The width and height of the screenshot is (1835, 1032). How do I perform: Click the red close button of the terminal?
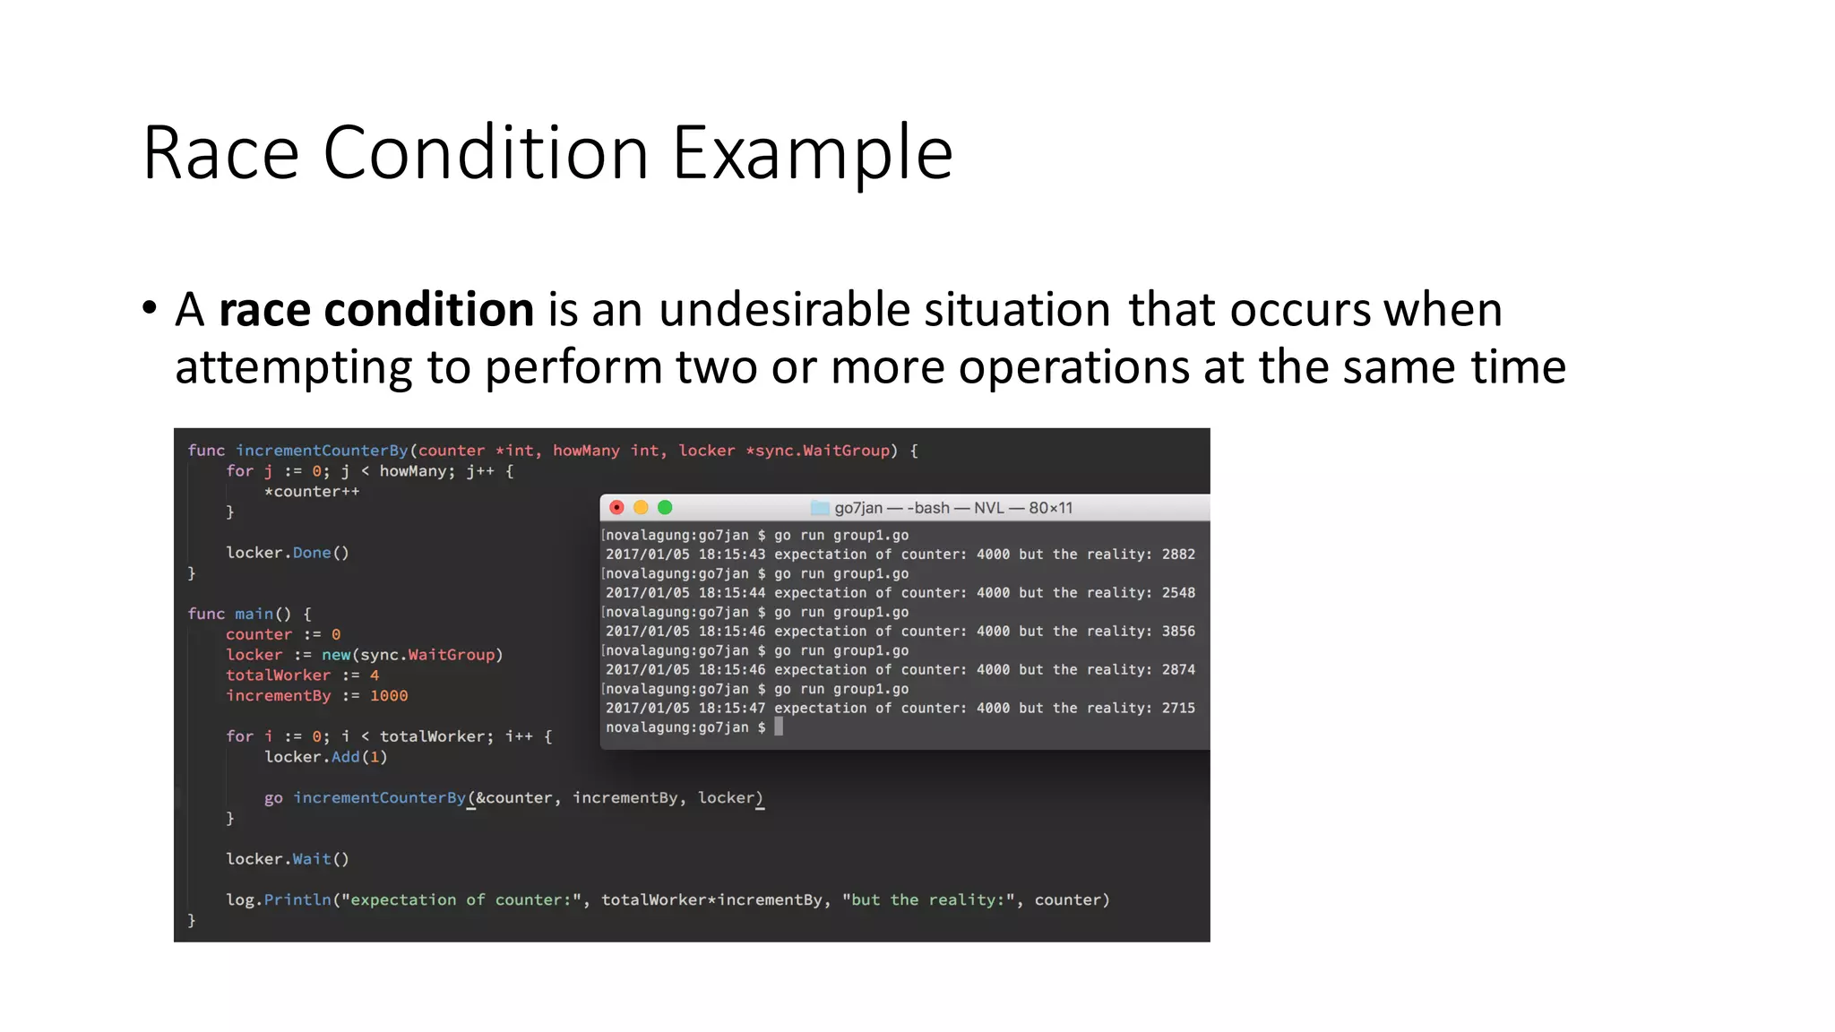pos(616,508)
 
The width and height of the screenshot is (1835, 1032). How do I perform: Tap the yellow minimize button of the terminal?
pos(641,508)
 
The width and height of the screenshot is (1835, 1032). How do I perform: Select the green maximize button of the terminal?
pos(665,508)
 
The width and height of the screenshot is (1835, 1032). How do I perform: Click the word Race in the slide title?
pos(220,153)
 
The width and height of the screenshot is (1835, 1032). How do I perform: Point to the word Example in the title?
pos(813,153)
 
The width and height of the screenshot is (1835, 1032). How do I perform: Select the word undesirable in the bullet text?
pos(785,310)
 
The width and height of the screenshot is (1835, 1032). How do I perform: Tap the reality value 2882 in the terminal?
pos(1178,555)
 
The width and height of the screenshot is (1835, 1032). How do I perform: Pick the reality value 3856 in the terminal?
pos(1178,632)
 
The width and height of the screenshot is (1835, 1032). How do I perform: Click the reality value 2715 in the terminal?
pos(1178,709)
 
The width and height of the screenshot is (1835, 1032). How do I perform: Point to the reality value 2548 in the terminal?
pos(1178,593)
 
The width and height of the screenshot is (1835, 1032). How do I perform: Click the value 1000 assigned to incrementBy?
pos(389,696)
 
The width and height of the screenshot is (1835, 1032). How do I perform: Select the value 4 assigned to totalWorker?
pos(375,675)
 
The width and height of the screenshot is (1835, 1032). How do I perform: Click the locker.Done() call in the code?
pos(288,553)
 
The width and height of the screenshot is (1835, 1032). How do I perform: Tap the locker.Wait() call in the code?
pos(288,859)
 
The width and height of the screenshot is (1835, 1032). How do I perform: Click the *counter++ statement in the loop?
pos(312,492)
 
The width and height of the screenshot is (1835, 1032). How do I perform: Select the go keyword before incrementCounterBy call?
pos(273,798)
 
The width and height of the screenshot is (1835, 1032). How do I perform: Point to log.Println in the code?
pos(279,899)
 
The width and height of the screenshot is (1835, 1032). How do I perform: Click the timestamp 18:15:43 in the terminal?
pos(732,555)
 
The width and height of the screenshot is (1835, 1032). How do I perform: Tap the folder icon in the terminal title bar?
pos(819,508)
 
